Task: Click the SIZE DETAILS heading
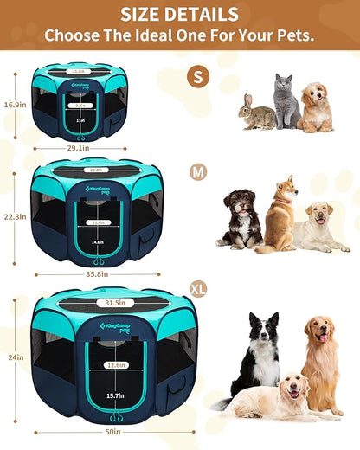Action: (179, 14)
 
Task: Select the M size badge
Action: (199, 172)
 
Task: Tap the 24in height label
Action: (11, 357)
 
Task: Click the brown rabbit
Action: (256, 114)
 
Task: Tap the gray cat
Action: (286, 102)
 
